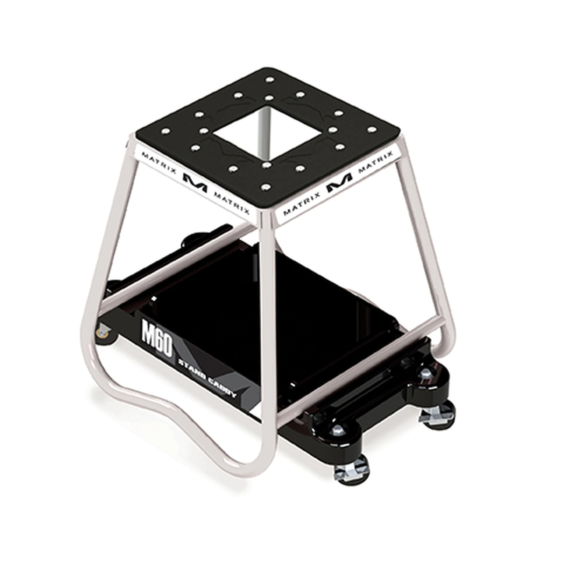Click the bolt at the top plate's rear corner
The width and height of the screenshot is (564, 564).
270,80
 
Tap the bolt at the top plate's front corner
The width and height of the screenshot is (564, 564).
265,188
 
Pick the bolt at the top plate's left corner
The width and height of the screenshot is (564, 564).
166,131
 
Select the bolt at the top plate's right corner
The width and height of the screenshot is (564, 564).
371,130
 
